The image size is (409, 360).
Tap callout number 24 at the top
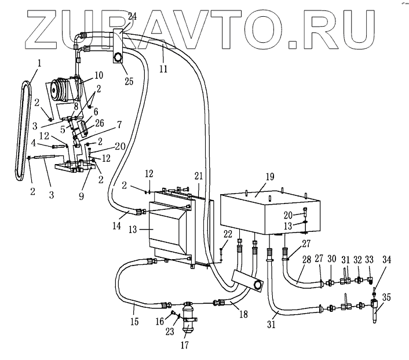pyautogui.click(x=132, y=17)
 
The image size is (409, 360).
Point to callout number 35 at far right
pyautogui.click(x=386, y=299)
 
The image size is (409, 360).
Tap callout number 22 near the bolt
pyautogui.click(x=227, y=234)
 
